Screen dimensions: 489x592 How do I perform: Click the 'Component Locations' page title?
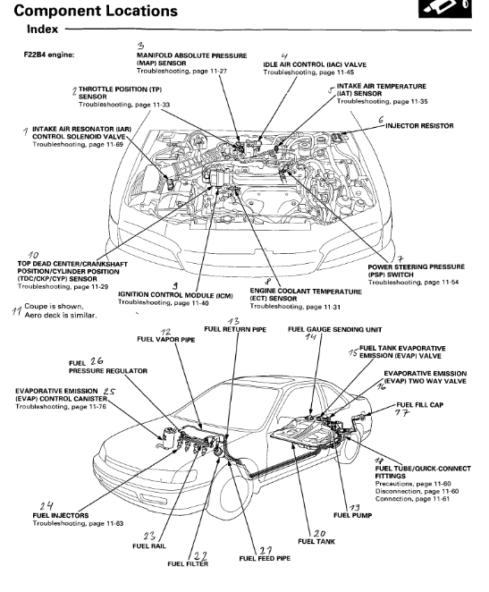point(96,11)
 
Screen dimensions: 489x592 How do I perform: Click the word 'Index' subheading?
point(42,30)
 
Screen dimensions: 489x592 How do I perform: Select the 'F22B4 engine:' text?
point(49,55)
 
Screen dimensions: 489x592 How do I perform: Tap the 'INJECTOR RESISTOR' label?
point(419,126)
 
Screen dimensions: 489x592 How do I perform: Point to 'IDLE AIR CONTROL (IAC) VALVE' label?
point(315,64)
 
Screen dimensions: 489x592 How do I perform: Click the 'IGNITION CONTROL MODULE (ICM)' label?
point(175,295)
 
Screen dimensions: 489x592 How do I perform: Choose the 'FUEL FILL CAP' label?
point(420,405)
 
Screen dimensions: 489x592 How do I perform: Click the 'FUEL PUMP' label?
point(353,515)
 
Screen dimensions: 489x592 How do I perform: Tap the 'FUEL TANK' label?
point(316,541)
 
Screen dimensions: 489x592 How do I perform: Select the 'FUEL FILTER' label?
point(188,563)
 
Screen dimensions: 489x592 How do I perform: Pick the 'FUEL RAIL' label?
point(149,545)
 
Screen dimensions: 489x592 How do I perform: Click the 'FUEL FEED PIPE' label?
point(265,558)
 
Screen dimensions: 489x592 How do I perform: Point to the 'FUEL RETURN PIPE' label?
point(235,329)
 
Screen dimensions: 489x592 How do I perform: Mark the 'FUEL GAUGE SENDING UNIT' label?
point(335,330)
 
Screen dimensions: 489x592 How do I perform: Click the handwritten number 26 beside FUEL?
point(97,361)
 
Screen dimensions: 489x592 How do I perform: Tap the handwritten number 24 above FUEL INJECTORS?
point(46,506)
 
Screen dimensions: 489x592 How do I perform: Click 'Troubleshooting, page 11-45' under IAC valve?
point(308,72)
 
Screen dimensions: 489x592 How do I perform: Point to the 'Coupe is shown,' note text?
point(54,306)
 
